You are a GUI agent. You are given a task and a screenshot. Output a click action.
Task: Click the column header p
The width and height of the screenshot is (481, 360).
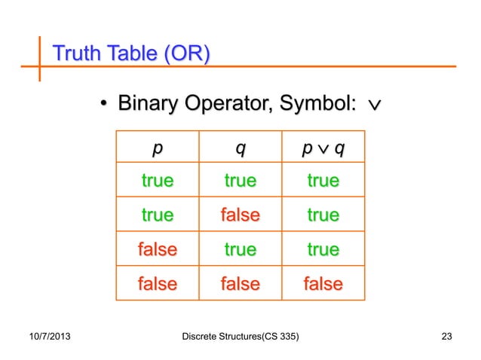point(157,148)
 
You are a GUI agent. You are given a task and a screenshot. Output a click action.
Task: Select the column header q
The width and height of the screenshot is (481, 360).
point(240,148)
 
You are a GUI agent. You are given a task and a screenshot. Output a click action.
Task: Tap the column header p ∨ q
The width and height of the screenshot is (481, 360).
point(323,148)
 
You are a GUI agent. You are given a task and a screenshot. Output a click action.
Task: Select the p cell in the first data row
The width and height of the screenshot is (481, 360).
point(157,181)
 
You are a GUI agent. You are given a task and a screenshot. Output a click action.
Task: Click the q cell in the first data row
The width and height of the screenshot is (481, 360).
point(240,181)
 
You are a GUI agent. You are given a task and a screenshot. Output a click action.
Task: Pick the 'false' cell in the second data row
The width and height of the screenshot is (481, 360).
point(240,215)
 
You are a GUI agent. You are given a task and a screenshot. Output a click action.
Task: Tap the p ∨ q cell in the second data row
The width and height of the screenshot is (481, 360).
point(323,215)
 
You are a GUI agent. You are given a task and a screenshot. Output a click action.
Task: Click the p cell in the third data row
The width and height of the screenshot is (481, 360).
point(157,249)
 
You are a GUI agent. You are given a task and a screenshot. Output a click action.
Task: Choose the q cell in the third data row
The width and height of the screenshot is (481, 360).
point(240,249)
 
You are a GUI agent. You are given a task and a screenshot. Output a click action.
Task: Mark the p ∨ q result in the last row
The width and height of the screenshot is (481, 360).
point(323,284)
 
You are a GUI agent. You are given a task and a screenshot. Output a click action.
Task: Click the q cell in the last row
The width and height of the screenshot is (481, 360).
point(240,284)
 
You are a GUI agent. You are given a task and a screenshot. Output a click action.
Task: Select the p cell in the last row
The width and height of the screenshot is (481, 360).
point(157,284)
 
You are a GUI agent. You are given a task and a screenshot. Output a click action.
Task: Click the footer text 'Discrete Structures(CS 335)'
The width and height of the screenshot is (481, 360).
point(240,335)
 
